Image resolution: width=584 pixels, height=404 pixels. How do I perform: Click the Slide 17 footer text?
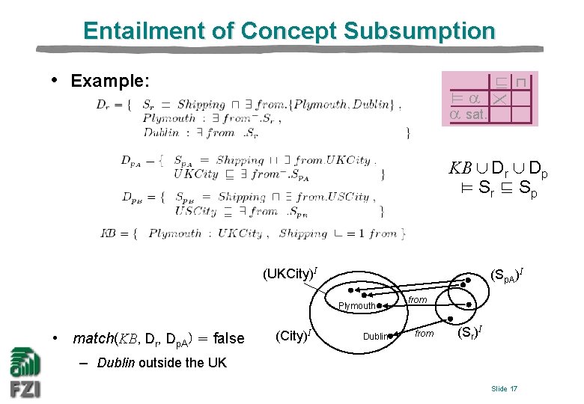(x=504, y=388)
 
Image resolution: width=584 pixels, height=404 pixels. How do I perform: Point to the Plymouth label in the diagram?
(x=356, y=306)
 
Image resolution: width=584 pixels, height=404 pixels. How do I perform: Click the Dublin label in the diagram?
(x=376, y=337)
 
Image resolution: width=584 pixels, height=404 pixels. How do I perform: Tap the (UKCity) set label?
(x=293, y=274)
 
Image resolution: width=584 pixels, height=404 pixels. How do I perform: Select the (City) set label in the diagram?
(x=293, y=336)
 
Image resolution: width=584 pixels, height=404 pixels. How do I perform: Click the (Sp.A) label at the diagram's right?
(x=509, y=274)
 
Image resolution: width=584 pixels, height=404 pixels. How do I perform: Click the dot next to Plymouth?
(x=380, y=306)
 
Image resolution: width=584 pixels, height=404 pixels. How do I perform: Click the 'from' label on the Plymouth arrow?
(x=417, y=300)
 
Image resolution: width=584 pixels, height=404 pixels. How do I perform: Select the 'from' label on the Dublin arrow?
(x=425, y=334)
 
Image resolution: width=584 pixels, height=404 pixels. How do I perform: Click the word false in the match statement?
(x=228, y=338)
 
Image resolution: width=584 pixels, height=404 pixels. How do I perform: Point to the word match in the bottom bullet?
(x=93, y=338)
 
